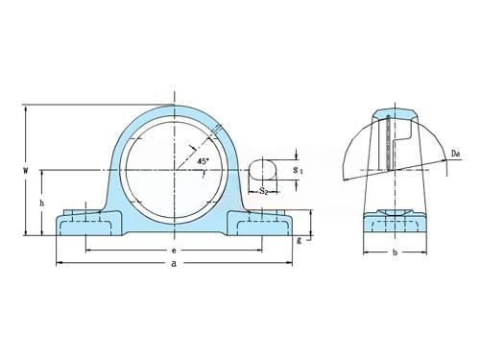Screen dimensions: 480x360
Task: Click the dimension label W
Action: (25, 170)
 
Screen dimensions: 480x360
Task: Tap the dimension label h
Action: (42, 203)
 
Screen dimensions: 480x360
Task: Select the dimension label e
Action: (174, 251)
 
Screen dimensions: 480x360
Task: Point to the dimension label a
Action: (174, 263)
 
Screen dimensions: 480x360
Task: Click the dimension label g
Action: (300, 241)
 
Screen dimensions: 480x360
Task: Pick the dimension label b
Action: (396, 252)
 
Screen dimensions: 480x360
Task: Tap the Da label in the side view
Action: (456, 154)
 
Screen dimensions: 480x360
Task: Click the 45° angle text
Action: (203, 161)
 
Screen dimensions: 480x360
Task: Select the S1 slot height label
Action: (299, 170)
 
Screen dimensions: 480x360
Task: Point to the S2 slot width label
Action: (264, 191)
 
